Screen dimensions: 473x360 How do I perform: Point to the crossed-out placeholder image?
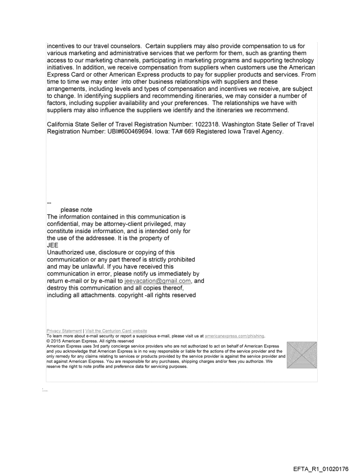(x=301, y=355)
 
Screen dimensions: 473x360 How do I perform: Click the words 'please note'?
(x=76, y=210)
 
